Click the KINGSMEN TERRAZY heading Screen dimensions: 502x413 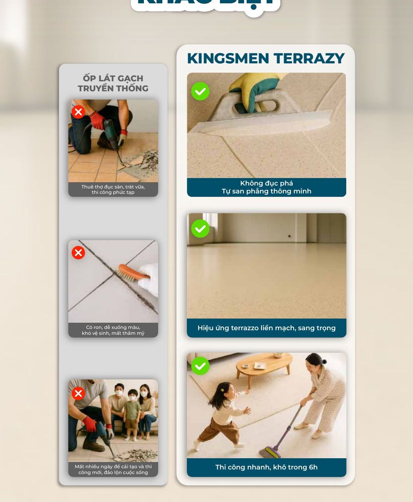point(266,59)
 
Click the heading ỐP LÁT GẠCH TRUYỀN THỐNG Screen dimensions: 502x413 point(113,83)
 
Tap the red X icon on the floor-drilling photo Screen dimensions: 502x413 point(78,112)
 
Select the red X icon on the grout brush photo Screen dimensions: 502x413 point(78,253)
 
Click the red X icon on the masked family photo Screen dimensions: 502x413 point(78,394)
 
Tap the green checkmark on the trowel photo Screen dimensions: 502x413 point(200,91)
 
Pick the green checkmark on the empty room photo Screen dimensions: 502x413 point(200,228)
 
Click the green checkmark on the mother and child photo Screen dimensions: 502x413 point(200,366)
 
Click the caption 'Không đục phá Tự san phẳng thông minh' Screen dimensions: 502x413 point(266,187)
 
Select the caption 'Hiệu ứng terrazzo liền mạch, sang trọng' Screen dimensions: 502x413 point(266,328)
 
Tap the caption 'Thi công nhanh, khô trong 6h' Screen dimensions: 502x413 point(266,467)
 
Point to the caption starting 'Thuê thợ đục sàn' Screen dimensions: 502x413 point(113,190)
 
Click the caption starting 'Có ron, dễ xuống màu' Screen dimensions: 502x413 point(113,330)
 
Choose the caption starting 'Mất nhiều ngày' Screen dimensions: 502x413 point(113,469)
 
